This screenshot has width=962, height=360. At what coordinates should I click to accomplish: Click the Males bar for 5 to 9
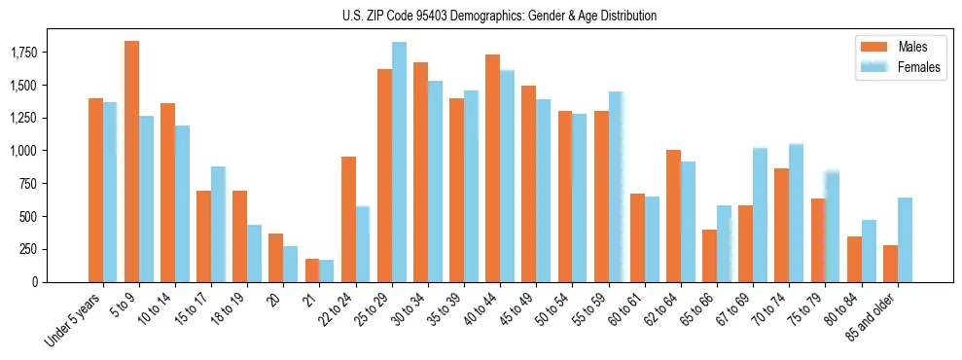pyautogui.click(x=131, y=162)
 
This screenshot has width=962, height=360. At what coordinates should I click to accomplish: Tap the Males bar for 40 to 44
pyautogui.click(x=492, y=168)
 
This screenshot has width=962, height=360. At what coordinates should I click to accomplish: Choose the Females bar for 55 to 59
pyautogui.click(x=616, y=187)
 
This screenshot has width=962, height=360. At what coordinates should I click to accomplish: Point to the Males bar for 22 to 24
pyautogui.click(x=348, y=219)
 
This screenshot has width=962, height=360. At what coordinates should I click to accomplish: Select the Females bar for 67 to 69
pyautogui.click(x=760, y=215)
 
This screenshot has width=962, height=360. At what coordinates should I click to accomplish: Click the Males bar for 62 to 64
pyautogui.click(x=673, y=216)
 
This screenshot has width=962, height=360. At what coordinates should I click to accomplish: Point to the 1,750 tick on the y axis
pyautogui.click(x=52, y=53)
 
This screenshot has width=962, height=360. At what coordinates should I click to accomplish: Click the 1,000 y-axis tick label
pyautogui.click(x=52, y=151)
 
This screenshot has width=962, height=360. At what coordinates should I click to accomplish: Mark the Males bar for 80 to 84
pyautogui.click(x=854, y=259)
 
